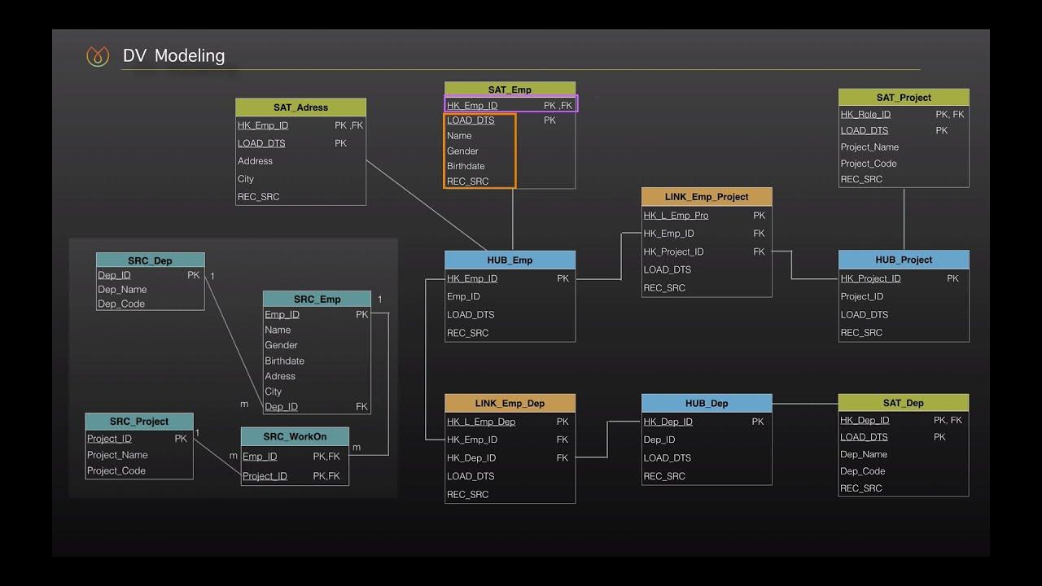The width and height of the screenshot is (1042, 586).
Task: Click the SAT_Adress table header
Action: [300, 107]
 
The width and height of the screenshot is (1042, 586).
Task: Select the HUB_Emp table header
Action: [510, 260]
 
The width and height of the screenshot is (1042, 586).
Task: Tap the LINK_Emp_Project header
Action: [707, 197]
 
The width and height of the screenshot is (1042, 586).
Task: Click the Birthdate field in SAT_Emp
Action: [466, 166]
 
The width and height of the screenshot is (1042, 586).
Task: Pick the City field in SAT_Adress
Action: [246, 179]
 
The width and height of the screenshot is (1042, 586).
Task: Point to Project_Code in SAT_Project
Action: [869, 164]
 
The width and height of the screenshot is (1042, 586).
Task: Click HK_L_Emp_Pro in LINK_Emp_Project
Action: [676, 216]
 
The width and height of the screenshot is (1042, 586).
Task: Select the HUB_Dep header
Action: [707, 404]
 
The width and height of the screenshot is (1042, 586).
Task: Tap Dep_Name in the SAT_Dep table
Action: [864, 454]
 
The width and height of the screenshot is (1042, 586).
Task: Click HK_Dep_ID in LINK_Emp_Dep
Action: [471, 458]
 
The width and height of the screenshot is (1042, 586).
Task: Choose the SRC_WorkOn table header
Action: [295, 437]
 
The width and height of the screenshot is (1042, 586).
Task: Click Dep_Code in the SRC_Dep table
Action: [121, 304]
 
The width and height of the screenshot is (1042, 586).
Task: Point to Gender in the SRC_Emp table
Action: [281, 345]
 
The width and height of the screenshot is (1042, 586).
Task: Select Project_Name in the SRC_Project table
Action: [117, 455]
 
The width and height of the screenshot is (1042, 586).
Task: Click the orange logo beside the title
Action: [98, 56]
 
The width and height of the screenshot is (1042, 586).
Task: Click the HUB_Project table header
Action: [904, 260]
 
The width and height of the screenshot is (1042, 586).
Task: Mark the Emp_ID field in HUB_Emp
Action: [463, 296]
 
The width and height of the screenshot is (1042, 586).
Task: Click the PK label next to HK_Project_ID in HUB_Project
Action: [952, 278]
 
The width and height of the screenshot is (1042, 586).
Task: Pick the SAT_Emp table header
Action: [510, 90]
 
